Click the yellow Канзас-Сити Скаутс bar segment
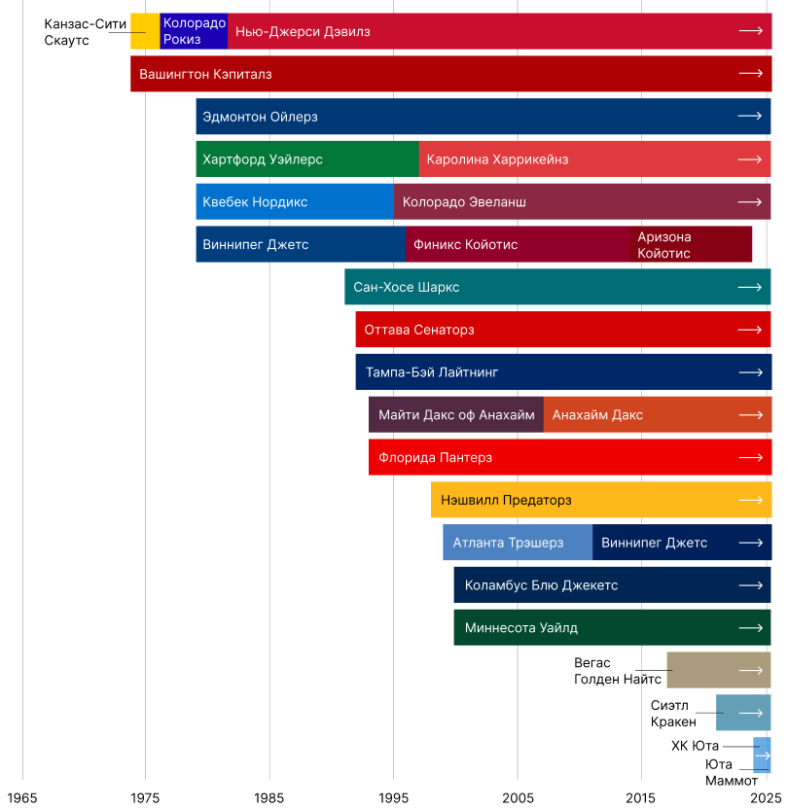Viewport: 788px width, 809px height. click(x=145, y=32)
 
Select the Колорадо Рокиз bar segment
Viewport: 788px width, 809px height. click(x=194, y=32)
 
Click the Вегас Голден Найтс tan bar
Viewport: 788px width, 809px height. click(x=718, y=670)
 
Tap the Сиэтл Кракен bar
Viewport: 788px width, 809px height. click(x=742, y=713)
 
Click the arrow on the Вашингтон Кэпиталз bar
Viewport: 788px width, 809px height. click(x=750, y=74)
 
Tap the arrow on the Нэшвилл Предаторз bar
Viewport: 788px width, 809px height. click(x=750, y=500)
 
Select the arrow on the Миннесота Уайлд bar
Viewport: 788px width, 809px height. click(x=750, y=627)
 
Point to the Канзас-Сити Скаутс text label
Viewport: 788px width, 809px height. click(x=85, y=32)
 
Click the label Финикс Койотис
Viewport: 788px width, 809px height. click(x=466, y=244)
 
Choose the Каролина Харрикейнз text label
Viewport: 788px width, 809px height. click(x=497, y=158)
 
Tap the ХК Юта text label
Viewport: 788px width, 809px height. click(x=695, y=746)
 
